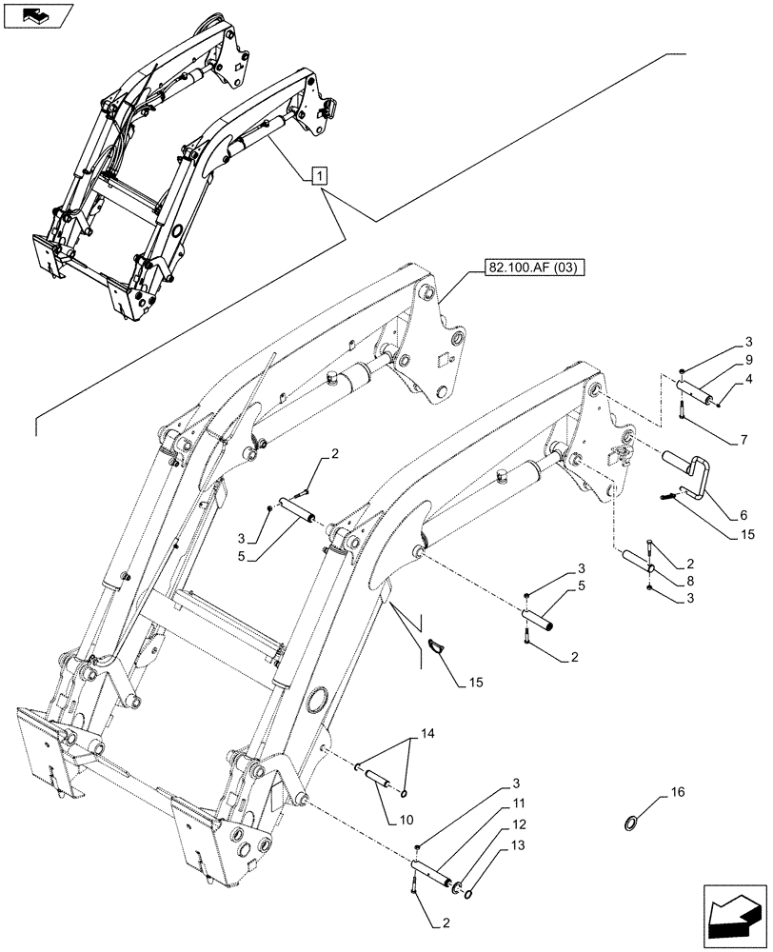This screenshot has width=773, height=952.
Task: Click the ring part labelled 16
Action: [630, 822]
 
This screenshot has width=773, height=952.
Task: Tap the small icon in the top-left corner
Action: [37, 15]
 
